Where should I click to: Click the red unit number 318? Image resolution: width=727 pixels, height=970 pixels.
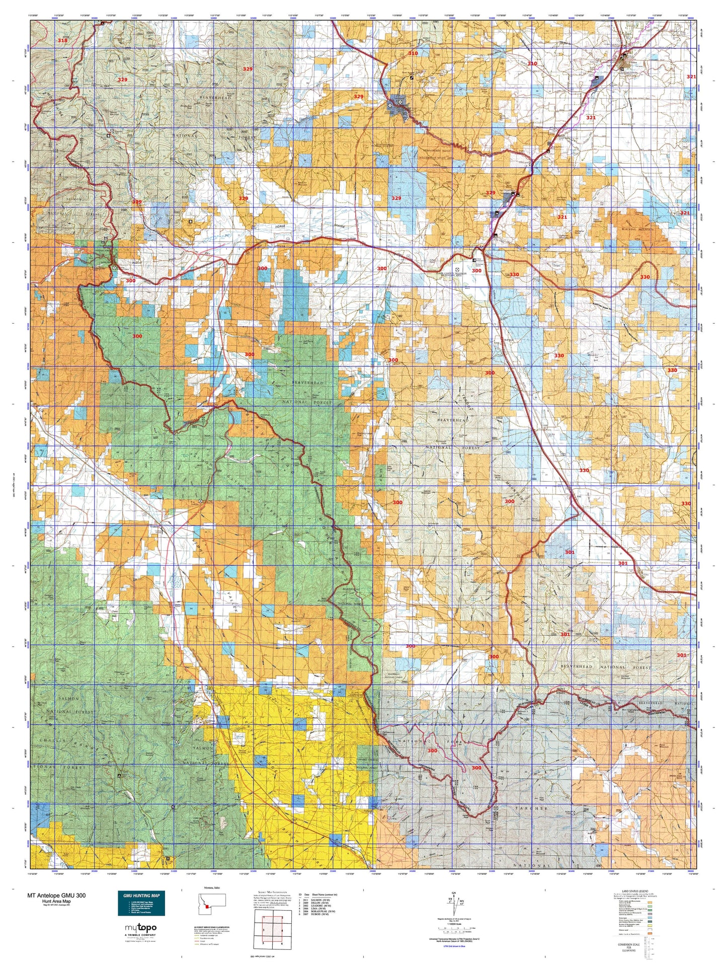[62, 40]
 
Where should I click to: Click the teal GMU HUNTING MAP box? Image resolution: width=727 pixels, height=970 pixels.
[141, 904]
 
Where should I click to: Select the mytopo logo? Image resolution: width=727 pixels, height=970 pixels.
[141, 927]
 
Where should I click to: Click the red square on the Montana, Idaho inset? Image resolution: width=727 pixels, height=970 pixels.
[206, 907]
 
